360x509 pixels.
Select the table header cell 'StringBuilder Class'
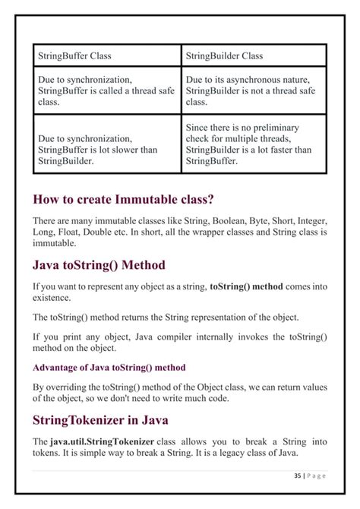pos(224,55)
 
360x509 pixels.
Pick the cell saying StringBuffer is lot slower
pos(96,150)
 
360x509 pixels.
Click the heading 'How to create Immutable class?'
pos(123,200)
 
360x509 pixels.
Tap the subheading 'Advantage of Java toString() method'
pos(109,367)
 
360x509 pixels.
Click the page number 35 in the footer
pos(295,476)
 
